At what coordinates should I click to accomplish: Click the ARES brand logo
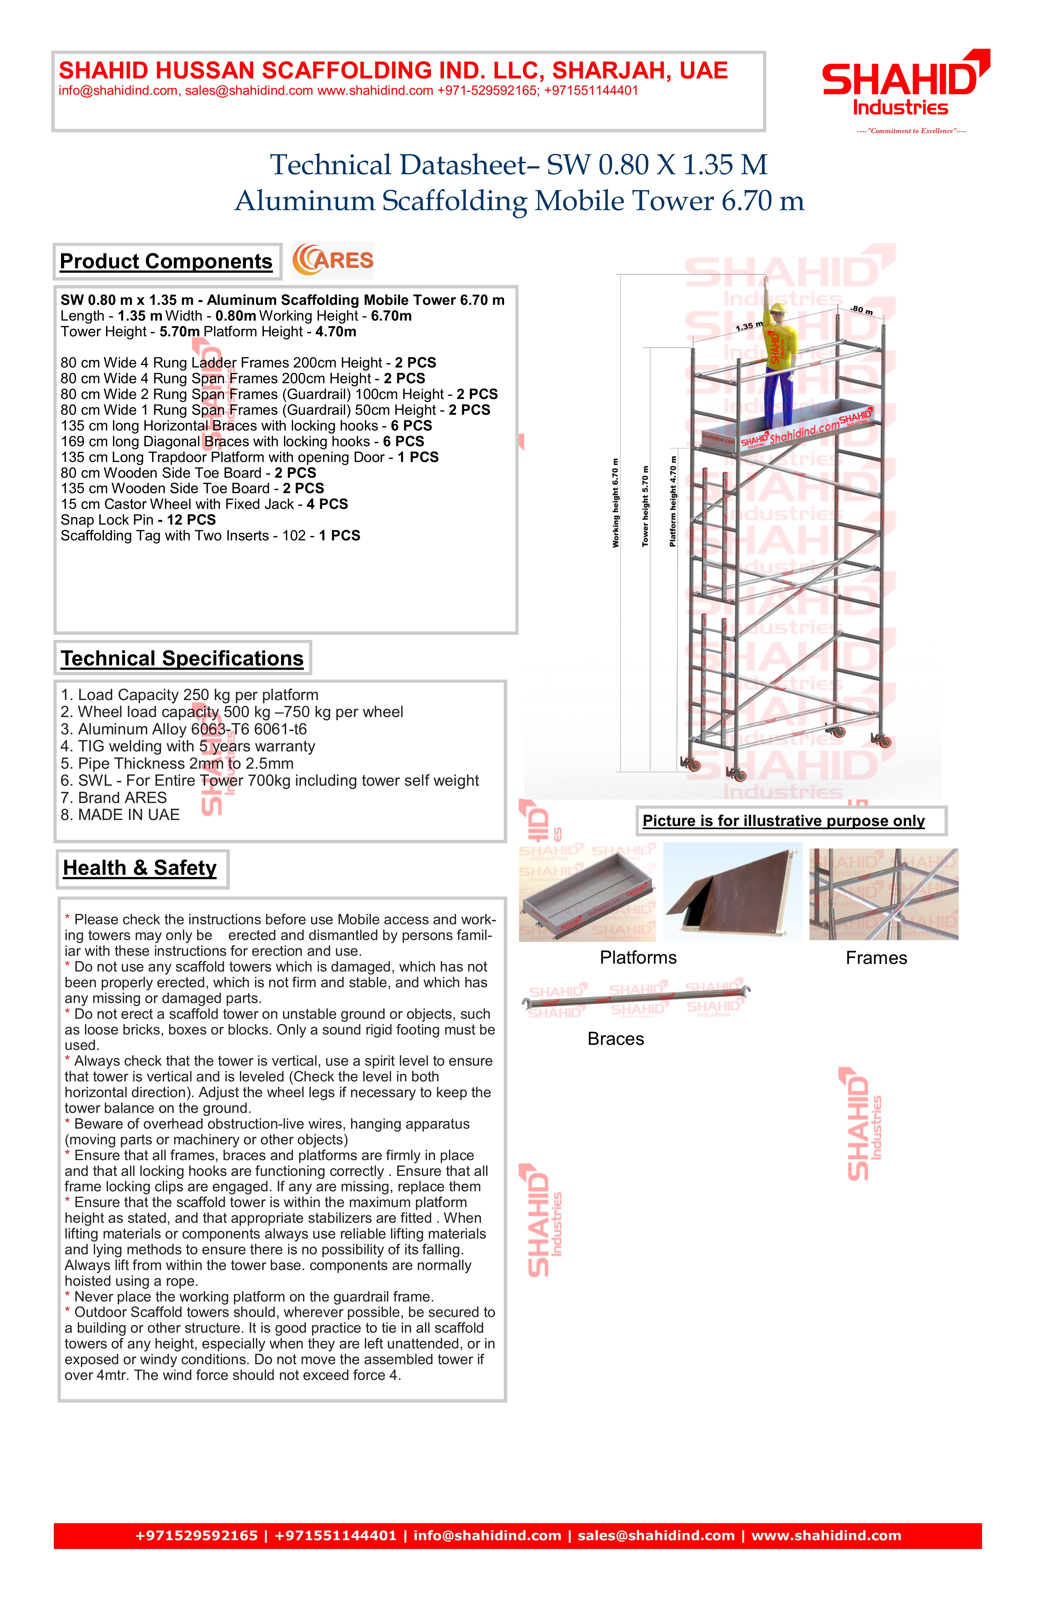tap(332, 260)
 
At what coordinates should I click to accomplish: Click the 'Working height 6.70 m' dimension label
tap(615, 503)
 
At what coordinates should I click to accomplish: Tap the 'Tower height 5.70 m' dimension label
tap(645, 506)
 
